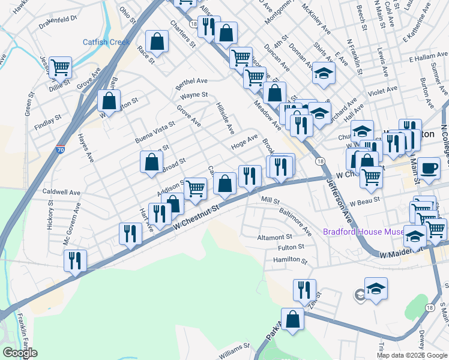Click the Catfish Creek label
pos(106,42)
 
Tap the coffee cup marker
pos(429,168)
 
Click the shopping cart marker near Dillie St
pos(61,68)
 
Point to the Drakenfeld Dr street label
pos(58,18)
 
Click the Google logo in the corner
pos(20,353)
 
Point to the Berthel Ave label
pos(191,82)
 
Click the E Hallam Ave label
pos(429,59)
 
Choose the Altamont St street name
pos(274,238)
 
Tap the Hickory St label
pos(49,216)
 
